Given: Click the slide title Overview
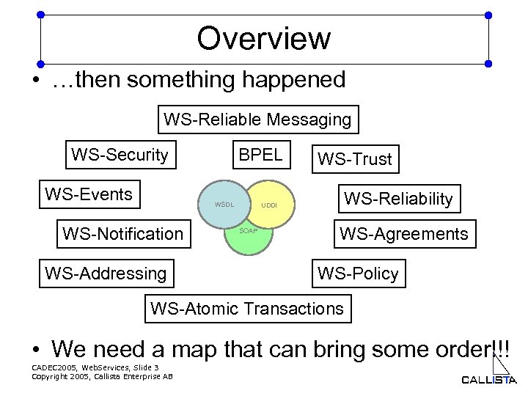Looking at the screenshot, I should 263,38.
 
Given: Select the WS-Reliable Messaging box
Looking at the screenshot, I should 257,119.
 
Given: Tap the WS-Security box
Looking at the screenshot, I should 120,155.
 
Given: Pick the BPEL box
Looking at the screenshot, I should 260,155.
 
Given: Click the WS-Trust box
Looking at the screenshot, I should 354,159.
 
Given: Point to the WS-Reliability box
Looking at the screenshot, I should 399,198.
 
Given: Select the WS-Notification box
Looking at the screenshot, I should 122,234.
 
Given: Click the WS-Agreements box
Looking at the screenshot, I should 403,234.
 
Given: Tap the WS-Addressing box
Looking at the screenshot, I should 106,274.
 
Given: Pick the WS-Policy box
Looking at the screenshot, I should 357,274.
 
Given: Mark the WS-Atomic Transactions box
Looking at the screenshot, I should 247,308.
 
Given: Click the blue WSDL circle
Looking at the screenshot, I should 223,205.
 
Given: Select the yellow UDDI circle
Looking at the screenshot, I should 271,205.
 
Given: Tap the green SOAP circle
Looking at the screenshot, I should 247,238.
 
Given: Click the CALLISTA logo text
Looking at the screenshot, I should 488,379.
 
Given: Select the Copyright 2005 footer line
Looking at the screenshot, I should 102,376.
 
